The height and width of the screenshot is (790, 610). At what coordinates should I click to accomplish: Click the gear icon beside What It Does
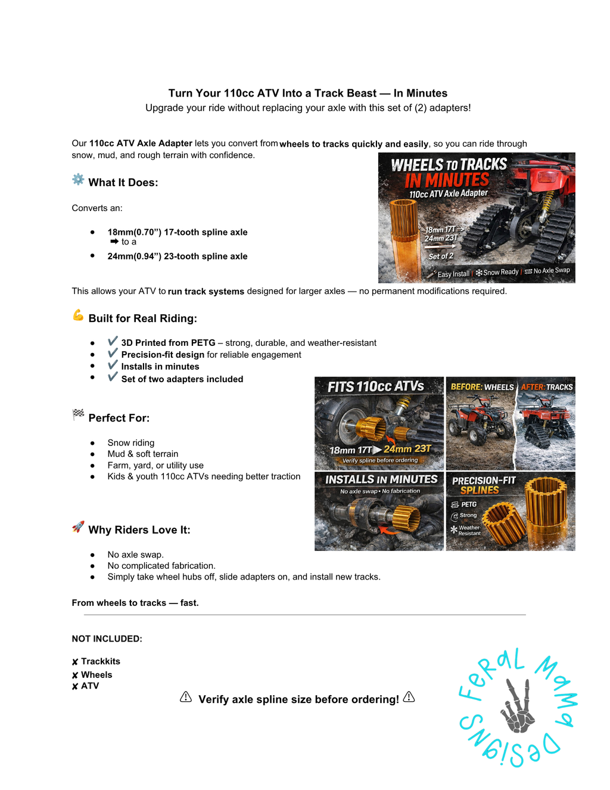click(x=78, y=179)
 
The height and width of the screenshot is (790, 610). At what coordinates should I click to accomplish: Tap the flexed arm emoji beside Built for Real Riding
click(x=78, y=315)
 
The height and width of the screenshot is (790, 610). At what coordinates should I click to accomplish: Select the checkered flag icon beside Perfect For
click(x=78, y=414)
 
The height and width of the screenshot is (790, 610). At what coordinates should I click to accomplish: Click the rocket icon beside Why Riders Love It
click(x=78, y=526)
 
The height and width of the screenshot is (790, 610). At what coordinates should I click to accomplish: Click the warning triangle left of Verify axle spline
click(x=185, y=696)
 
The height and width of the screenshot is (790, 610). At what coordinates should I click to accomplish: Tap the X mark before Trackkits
click(x=75, y=662)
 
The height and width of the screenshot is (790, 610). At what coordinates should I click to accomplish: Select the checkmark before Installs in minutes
click(x=113, y=365)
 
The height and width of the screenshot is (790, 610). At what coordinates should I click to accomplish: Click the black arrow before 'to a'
click(x=114, y=241)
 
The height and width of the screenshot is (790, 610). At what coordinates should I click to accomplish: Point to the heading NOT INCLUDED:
click(x=107, y=639)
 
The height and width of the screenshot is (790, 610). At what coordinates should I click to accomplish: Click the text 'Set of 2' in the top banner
click(x=441, y=256)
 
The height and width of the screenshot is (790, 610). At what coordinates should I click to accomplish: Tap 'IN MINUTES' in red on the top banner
click(x=447, y=181)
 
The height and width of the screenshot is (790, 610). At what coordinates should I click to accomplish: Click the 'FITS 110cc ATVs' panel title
click(x=375, y=386)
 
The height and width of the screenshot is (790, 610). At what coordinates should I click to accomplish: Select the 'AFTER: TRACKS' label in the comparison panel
click(x=547, y=387)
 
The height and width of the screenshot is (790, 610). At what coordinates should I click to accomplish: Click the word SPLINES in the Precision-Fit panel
click(x=480, y=491)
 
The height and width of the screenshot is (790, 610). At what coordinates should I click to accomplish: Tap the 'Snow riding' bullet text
click(x=130, y=443)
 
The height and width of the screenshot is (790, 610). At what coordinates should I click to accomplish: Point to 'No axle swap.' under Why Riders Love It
click(x=135, y=554)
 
